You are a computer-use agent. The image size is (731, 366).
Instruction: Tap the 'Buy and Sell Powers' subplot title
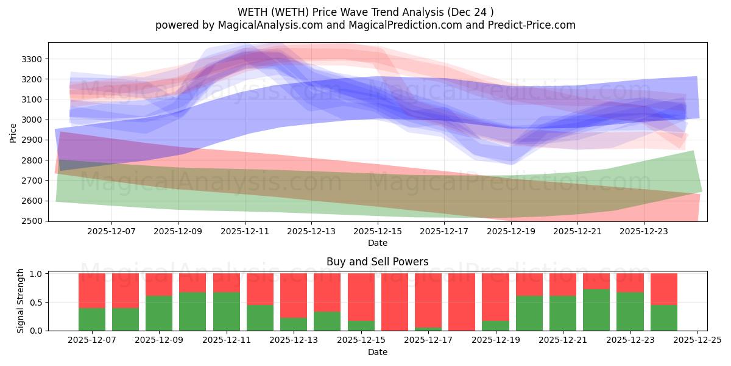pos(377,262)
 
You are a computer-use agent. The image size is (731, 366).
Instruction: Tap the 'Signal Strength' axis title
pos(21,301)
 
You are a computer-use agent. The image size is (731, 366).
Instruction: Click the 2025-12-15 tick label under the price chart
pos(378,232)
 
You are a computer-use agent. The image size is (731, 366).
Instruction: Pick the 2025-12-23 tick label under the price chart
pos(644,232)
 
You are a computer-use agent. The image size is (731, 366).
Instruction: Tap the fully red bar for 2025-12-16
pos(395,302)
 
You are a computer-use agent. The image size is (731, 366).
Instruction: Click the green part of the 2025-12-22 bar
pos(596,310)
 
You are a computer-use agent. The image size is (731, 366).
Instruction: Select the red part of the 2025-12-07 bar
pos(92,290)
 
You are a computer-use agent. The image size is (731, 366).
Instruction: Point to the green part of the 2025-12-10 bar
pos(192,311)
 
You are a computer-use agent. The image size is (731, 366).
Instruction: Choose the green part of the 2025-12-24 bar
pos(663,317)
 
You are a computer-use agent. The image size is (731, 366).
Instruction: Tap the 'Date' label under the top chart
pos(377,243)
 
